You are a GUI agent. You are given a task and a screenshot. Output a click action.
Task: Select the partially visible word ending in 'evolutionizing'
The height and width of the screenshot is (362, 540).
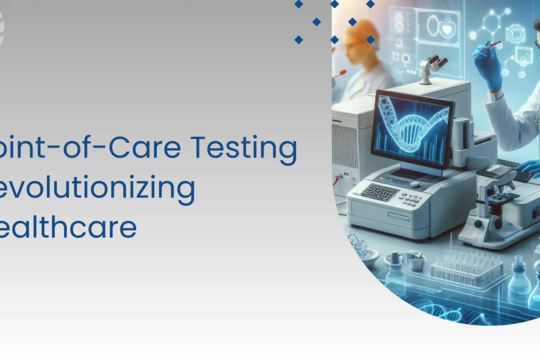click(x=98, y=189)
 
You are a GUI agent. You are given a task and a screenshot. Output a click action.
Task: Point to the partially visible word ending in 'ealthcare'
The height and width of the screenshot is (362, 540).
click(x=67, y=227)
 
